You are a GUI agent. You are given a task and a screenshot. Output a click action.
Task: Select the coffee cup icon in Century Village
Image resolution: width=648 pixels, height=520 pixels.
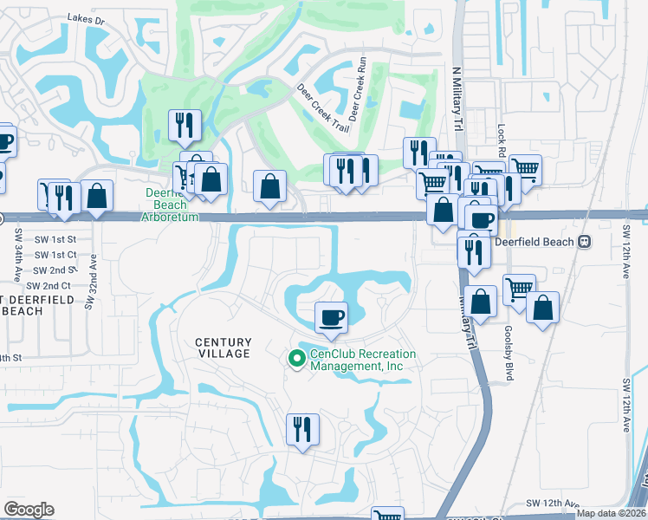pyautogui.click(x=330, y=316)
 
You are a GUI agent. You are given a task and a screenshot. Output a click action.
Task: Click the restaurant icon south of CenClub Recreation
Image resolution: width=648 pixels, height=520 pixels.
pyautogui.click(x=302, y=429)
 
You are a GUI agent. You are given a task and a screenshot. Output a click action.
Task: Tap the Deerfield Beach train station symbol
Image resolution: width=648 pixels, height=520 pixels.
pyautogui.click(x=585, y=242)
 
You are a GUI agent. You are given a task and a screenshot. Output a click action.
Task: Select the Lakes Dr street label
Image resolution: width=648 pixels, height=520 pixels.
pyautogui.click(x=88, y=17)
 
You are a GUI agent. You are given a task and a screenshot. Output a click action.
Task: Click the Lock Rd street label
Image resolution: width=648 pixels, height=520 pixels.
pyautogui.click(x=501, y=137)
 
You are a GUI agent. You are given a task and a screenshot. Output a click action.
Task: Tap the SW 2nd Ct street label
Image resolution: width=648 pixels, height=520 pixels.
pyautogui.click(x=49, y=285)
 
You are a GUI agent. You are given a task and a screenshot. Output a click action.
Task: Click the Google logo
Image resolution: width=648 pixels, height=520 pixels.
pyautogui.click(x=29, y=510)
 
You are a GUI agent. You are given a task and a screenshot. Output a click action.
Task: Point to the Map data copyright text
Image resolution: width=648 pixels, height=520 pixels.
pyautogui.click(x=612, y=513)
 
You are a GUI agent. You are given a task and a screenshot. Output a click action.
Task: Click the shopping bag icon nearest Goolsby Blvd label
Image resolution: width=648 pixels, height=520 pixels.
pyautogui.click(x=542, y=309)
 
